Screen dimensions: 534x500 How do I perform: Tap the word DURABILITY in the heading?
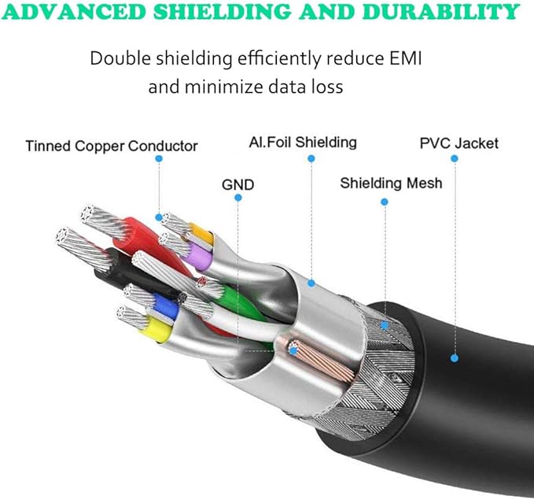(x=441, y=13)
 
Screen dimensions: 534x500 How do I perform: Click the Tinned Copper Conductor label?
(x=111, y=146)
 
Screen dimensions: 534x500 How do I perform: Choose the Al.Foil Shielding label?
(x=303, y=143)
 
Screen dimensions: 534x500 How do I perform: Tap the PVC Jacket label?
(x=459, y=143)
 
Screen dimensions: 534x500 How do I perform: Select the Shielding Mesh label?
(x=391, y=183)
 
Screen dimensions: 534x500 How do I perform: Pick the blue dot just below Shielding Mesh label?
(x=385, y=202)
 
